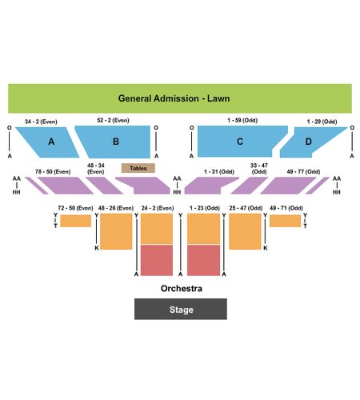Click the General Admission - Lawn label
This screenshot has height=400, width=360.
[174, 98]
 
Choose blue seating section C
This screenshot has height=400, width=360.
[239, 141]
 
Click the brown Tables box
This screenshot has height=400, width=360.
[138, 168]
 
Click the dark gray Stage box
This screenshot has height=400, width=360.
[181, 309]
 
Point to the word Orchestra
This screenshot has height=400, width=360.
[182, 288]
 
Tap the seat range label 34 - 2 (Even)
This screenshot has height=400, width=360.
[41, 122]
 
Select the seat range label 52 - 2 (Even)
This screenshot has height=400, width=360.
[113, 120]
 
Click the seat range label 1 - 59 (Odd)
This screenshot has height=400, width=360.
[242, 120]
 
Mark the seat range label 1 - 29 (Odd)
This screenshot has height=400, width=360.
[322, 122]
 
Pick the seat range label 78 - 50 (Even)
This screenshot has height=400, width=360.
[53, 172]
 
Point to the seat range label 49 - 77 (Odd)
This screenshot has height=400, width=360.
[303, 172]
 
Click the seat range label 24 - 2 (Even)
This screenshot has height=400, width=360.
[158, 208]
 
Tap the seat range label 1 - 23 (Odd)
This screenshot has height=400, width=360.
[205, 208]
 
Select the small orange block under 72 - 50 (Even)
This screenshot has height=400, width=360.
[76, 221]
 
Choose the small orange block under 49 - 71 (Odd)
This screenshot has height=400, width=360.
[285, 221]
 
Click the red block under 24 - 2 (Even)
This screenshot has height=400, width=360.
[157, 260]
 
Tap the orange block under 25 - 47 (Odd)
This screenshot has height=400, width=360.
[245, 231]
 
